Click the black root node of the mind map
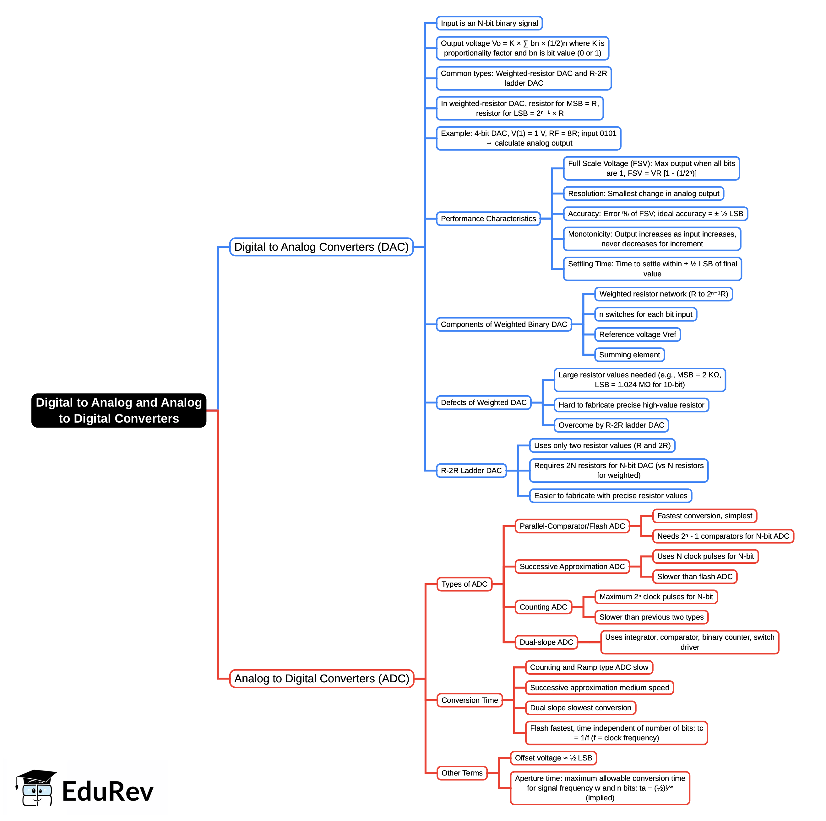(x=119, y=410)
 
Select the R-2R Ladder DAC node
(x=471, y=470)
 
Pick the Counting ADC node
(x=543, y=607)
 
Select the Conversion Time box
(x=470, y=700)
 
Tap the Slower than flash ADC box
(x=694, y=577)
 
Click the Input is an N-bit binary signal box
(x=489, y=23)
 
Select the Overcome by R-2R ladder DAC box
(x=611, y=425)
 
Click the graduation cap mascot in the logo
(x=37, y=788)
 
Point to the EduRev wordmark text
(x=107, y=791)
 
